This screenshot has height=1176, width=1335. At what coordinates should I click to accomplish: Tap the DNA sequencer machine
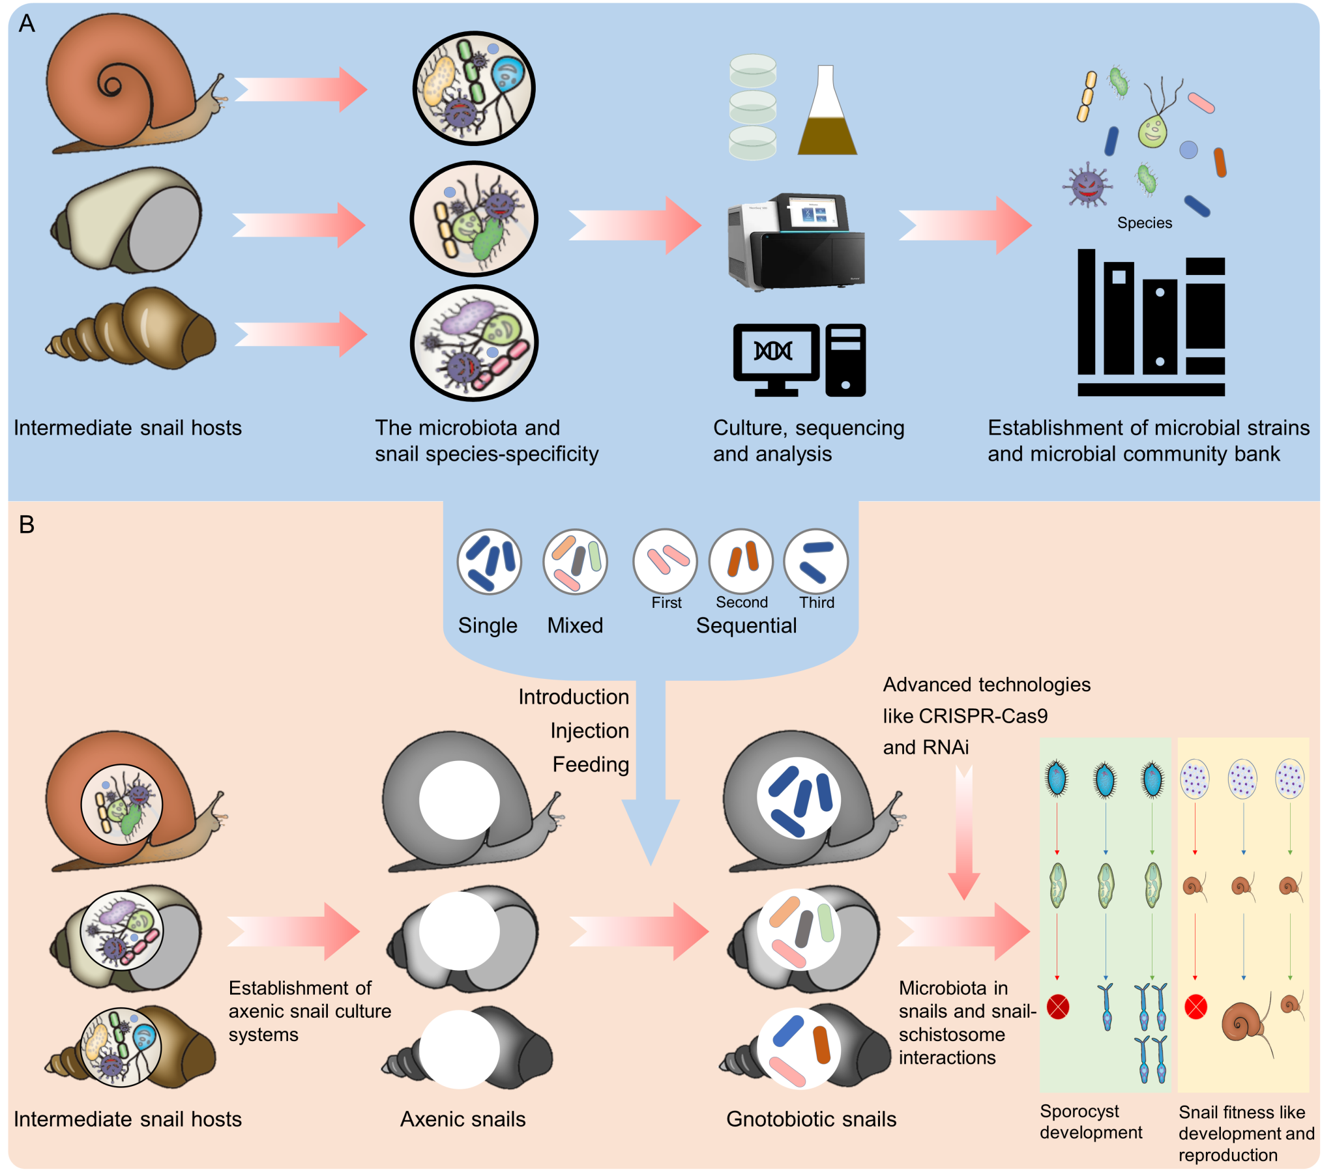[797, 242]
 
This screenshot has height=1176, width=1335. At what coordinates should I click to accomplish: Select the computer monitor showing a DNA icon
[776, 356]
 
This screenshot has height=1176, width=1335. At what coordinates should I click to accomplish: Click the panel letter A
[27, 24]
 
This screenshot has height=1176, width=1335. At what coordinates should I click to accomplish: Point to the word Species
[1144, 223]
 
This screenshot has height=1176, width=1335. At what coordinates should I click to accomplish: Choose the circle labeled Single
[489, 562]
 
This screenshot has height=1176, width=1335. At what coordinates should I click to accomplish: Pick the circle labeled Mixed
[575, 562]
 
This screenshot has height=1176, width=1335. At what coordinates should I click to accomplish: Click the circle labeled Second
[741, 562]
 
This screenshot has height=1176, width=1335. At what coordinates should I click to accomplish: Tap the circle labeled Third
[815, 562]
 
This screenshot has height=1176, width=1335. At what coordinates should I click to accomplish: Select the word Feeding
[591, 765]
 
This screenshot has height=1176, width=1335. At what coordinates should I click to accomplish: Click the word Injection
[589, 730]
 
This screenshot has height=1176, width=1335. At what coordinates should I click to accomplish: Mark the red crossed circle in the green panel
[1058, 1006]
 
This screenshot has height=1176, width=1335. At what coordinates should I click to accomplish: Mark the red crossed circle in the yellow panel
[1196, 1006]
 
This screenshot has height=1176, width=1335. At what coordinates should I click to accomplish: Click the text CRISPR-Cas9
[983, 716]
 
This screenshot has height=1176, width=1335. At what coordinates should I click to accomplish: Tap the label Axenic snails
[462, 1119]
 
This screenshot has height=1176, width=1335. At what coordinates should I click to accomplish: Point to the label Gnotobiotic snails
[811, 1119]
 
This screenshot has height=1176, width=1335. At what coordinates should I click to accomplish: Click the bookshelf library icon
[1151, 323]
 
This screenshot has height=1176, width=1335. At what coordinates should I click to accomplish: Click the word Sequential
[746, 625]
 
